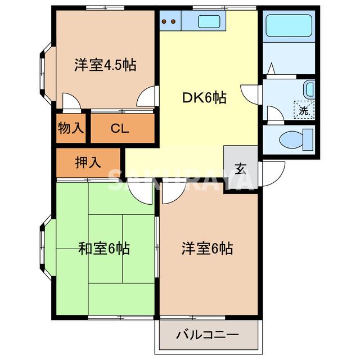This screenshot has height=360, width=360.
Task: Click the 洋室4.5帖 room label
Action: pos(105,65)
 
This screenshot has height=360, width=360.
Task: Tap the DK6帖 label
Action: pos(204,98)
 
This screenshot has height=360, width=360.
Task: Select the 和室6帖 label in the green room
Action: pos(104,247)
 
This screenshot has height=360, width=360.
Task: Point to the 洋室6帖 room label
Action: pos(207,247)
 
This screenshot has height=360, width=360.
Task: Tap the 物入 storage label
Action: pos(71,128)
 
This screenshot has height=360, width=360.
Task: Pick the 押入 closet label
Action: pos(88,163)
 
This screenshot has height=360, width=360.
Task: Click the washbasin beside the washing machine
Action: pos(309,89)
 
